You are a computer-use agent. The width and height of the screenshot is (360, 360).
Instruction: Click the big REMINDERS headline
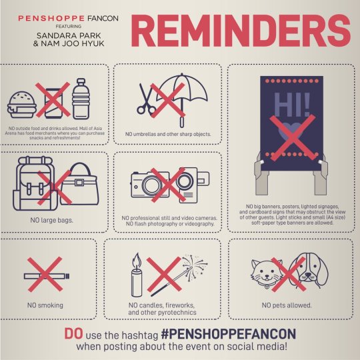pyautogui.click(x=241, y=31)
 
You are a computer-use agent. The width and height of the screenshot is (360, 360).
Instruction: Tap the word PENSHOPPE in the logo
pyautogui.click(x=51, y=19)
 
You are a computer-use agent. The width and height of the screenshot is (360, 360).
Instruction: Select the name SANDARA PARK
pyautogui.click(x=69, y=35)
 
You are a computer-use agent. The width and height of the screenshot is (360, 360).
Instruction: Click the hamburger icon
pyautogui.click(x=22, y=105)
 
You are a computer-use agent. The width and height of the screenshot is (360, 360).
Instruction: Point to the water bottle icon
pyautogui.click(x=81, y=99)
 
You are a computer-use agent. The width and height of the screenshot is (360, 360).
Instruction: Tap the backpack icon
pyautogui.click(x=35, y=183)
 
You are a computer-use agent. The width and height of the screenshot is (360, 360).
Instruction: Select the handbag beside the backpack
pyautogui.click(x=79, y=184)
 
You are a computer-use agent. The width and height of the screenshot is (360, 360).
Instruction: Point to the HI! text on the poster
pyautogui.click(x=292, y=105)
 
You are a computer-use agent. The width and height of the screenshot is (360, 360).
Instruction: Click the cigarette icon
pyautogui.click(x=47, y=276)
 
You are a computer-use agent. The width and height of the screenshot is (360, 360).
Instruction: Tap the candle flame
pyautogui.click(x=137, y=259)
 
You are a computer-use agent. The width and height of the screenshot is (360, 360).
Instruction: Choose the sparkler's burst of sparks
pyautogui.click(x=195, y=266)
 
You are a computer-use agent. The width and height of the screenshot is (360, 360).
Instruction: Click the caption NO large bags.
pyautogui.click(x=52, y=220)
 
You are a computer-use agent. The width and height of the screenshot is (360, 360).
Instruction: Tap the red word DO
pyautogui.click(x=73, y=333)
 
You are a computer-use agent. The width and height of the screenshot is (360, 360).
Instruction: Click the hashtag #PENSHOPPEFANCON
pyautogui.click(x=229, y=334)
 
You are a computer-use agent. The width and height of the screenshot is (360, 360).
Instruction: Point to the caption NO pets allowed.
pyautogui.click(x=287, y=305)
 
